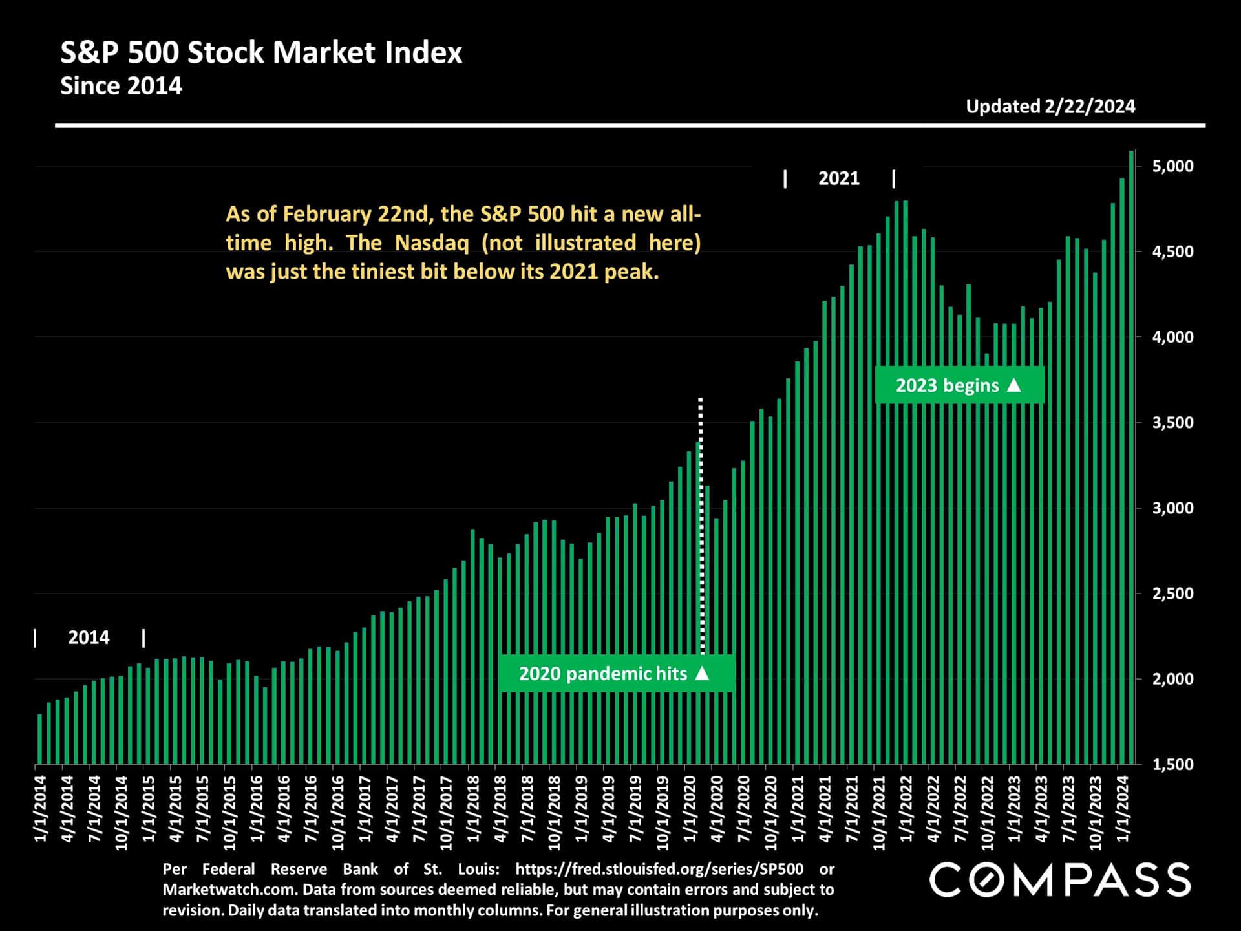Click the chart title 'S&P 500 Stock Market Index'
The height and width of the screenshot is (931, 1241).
point(261,52)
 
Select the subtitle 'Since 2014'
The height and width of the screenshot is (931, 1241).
point(121,86)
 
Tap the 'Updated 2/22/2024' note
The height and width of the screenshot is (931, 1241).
point(1050,107)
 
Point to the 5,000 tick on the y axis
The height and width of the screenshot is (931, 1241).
point(1172,166)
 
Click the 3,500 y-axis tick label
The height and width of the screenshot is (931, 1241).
point(1172,423)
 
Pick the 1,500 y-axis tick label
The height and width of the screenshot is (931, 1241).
point(1172,764)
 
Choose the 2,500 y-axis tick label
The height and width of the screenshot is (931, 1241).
point(1172,594)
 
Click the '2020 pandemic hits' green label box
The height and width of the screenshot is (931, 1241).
point(615,674)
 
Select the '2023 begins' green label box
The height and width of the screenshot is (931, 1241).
point(959,385)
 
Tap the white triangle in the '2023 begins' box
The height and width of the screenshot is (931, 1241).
point(1014,385)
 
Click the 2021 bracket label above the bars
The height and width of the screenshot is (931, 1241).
point(838,178)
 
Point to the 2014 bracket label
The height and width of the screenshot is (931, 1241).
point(89,637)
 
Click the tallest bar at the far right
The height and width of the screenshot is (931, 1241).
point(1131,453)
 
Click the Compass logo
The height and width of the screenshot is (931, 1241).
point(1060,880)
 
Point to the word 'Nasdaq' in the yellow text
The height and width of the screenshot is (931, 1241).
point(432,243)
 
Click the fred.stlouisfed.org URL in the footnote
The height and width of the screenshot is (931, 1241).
point(659,869)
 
